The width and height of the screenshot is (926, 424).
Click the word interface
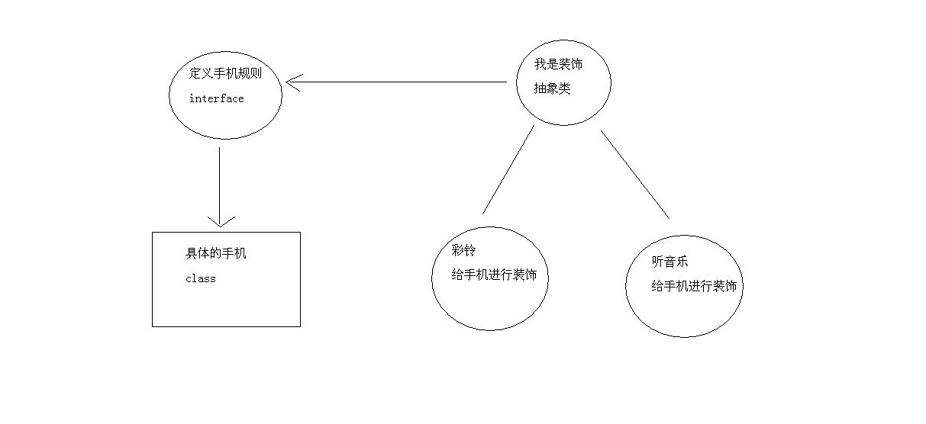coord(216,98)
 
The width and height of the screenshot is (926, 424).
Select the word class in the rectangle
coord(200,279)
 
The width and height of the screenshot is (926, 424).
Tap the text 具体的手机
coord(216,254)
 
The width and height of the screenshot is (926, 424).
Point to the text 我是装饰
coord(558,65)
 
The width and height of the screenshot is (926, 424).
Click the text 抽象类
coord(552,88)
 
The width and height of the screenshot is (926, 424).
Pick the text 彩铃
coord(463,250)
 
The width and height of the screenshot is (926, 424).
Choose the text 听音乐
coord(669,261)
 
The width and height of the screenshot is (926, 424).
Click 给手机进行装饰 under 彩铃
coord(494,275)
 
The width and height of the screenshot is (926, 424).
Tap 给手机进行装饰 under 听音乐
coord(694,286)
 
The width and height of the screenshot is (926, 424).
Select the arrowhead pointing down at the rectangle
coord(220,220)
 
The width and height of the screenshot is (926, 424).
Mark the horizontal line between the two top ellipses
coord(397,82)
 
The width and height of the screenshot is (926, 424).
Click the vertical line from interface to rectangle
coord(220,183)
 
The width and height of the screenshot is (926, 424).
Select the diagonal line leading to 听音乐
coord(634,174)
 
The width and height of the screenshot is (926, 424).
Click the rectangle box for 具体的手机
coord(226,305)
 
